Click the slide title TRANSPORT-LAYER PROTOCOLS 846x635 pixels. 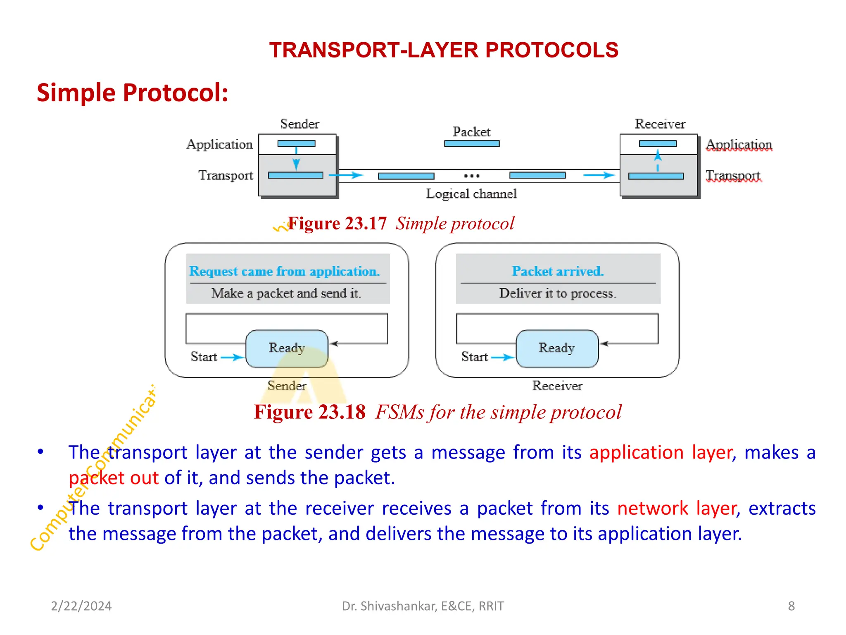click(x=444, y=50)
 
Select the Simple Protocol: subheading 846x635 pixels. click(x=132, y=92)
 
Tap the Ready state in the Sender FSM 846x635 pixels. click(x=287, y=348)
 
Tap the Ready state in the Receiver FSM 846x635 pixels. click(x=557, y=348)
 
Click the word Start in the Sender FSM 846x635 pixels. click(x=204, y=357)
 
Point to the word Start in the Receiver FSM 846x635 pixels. click(x=475, y=357)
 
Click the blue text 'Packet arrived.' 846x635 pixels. click(x=558, y=271)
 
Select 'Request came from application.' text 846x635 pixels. click(x=284, y=271)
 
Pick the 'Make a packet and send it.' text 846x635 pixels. click(x=286, y=293)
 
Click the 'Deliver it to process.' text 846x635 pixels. click(x=558, y=293)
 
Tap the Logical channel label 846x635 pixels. click(x=471, y=194)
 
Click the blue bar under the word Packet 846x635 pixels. click(x=472, y=143)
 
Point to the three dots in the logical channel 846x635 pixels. click(x=472, y=176)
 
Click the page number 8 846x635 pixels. click(x=791, y=606)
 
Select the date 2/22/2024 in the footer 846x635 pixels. click(x=81, y=606)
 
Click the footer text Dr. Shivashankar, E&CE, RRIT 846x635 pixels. click(x=423, y=606)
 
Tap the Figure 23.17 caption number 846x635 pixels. click(x=337, y=224)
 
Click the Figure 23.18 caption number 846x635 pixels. click(x=310, y=412)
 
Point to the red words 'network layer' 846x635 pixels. click(x=677, y=508)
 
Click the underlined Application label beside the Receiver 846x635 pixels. click(x=739, y=144)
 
